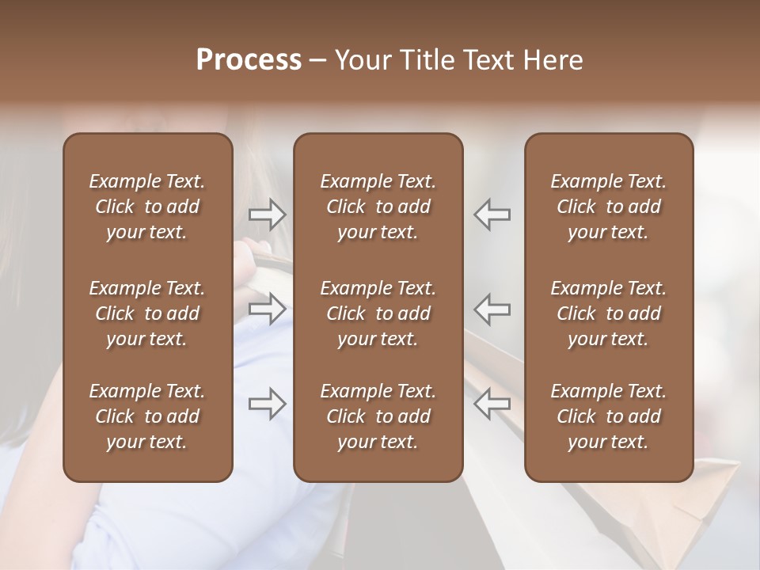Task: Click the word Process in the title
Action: point(249,60)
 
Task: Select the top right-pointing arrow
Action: point(267,214)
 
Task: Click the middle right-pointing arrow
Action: point(267,309)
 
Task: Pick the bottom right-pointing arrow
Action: point(267,404)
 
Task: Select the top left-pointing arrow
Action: point(492,214)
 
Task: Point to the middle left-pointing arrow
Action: point(492,309)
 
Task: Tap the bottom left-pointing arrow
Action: point(492,404)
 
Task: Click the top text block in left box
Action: point(147,207)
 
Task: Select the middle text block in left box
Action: point(147,313)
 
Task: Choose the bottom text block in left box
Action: point(147,416)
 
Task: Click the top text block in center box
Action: point(378,207)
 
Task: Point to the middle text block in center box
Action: point(378,313)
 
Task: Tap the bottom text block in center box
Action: point(378,416)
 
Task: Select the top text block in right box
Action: point(609,207)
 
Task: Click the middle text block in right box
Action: point(609,313)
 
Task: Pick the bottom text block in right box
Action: point(609,416)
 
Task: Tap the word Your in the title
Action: point(362,60)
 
